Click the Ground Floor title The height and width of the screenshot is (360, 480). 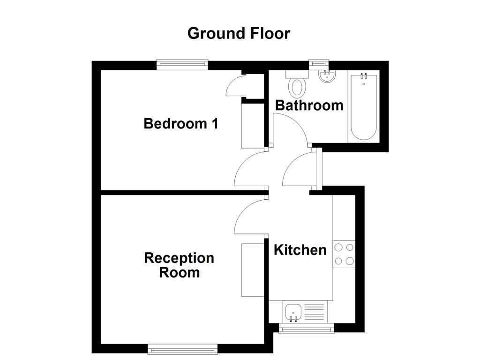click(x=239, y=33)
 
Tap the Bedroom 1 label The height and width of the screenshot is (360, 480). click(x=180, y=124)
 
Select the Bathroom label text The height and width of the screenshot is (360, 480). click(x=309, y=105)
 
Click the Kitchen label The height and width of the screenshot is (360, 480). click(x=300, y=250)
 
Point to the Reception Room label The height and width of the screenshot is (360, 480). click(x=179, y=265)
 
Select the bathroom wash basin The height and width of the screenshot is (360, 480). click(x=326, y=76)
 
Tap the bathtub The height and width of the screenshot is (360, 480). click(x=364, y=107)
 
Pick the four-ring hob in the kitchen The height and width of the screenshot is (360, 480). click(x=344, y=254)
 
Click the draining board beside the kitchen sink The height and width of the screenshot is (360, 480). click(x=314, y=310)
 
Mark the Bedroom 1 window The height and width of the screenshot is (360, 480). click(x=182, y=65)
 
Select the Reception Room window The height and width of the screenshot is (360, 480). click(x=183, y=348)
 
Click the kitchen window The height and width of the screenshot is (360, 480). click(x=307, y=329)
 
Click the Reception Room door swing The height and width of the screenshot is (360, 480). click(x=248, y=216)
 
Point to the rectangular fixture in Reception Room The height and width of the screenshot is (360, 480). click(x=253, y=270)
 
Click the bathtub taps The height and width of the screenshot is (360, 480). click(x=364, y=76)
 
